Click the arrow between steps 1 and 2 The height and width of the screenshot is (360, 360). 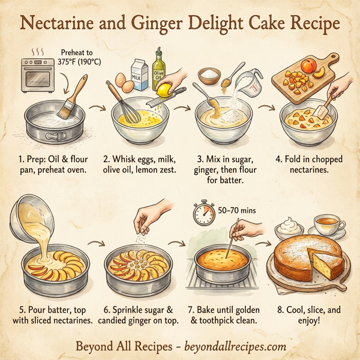pyautogui.click(x=97, y=109)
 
